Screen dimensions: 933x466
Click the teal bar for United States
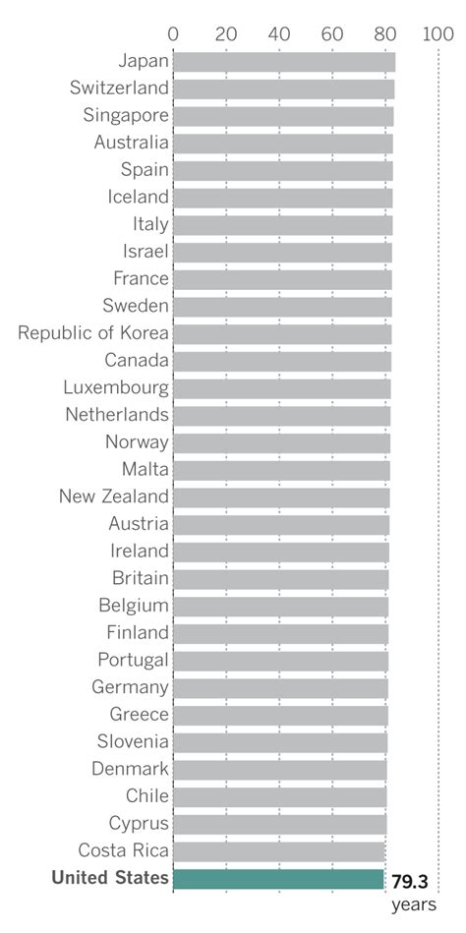[x=278, y=879]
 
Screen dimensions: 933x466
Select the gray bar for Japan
[x=284, y=62]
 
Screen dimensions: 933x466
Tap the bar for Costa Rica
[x=279, y=851]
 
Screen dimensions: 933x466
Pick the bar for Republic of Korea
[x=282, y=334]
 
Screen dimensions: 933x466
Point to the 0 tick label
[x=173, y=33]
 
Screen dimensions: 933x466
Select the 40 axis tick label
[x=279, y=33]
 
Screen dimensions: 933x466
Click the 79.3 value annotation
[x=409, y=881]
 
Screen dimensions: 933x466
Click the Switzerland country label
[x=119, y=88]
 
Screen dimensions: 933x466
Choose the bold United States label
[x=110, y=878]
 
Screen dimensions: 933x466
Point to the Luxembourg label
[x=116, y=387]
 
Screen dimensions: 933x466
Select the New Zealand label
[x=114, y=496]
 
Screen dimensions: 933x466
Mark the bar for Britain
[x=281, y=578]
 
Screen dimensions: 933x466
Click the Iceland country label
[x=139, y=197]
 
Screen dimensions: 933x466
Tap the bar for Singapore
[x=283, y=116]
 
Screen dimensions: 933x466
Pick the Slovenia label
[x=133, y=741]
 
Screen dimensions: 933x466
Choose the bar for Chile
[x=280, y=796]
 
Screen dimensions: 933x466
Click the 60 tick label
[x=332, y=33]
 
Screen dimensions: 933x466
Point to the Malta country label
[x=146, y=469]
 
